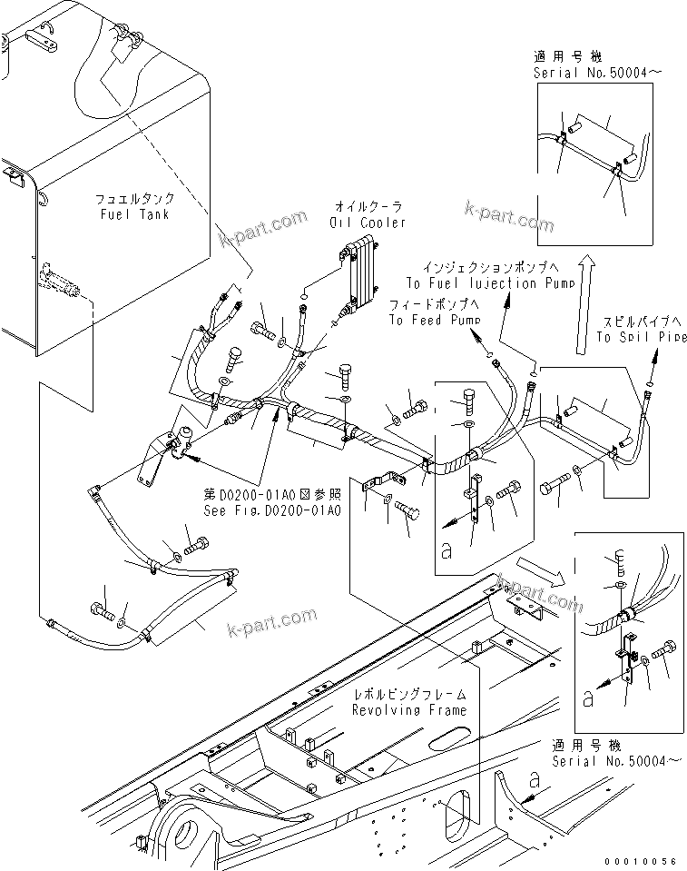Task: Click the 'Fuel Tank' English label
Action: tap(137, 214)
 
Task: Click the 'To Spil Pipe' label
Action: tap(640, 337)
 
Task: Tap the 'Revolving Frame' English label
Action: tap(410, 709)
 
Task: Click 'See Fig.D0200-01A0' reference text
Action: tap(272, 510)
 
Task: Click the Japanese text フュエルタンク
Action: tap(136, 199)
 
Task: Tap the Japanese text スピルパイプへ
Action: tap(640, 322)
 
